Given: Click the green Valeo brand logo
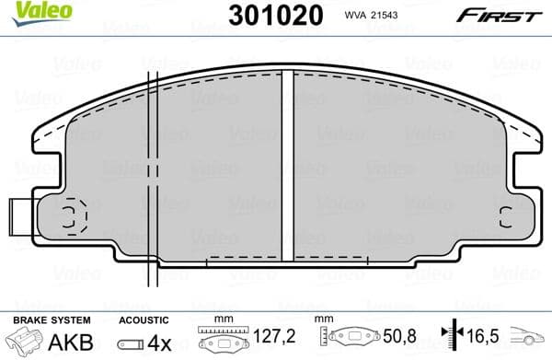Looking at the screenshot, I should coord(25,11).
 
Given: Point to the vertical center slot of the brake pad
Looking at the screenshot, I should coord(287,166).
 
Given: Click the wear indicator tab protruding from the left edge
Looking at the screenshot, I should coord(18,218).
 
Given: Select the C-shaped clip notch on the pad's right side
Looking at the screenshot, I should coord(505,217).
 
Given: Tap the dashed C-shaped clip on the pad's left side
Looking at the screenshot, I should coord(72,217).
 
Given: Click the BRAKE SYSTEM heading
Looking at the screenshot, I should coord(52,319).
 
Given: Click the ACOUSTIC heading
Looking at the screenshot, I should coord(144,319).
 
